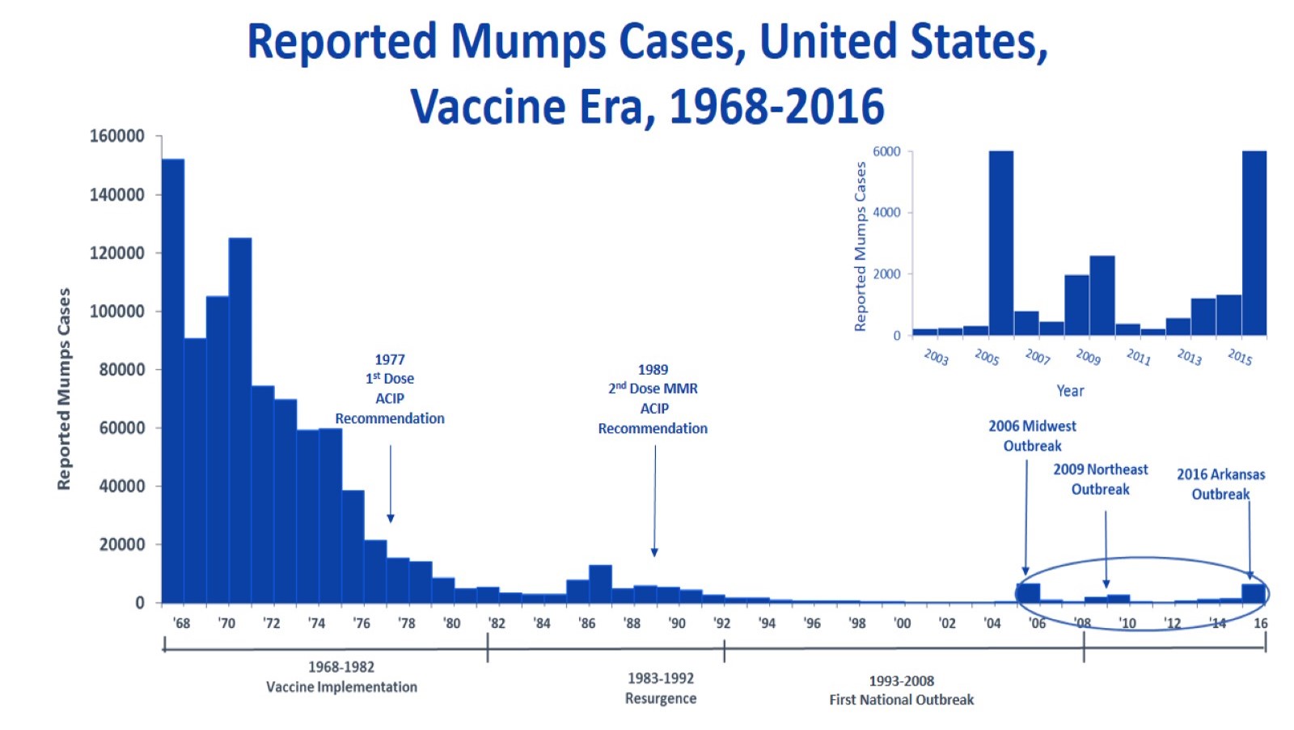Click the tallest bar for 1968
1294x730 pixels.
tap(172, 380)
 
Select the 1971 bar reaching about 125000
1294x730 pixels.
tap(240, 421)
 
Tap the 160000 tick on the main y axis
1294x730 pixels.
tap(116, 136)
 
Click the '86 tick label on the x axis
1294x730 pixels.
tap(586, 623)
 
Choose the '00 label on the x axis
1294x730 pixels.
tap(902, 623)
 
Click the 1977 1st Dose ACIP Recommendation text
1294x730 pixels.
tap(390, 388)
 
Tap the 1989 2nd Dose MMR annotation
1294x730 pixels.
tap(653, 399)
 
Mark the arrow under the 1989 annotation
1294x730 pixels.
tap(655, 502)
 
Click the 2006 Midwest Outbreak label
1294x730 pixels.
tap(1032, 435)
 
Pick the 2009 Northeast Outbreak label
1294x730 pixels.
tap(1100, 479)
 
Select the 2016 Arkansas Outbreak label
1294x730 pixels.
tap(1220, 484)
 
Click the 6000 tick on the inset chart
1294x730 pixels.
tap(886, 151)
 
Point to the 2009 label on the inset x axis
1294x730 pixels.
tap(1088, 356)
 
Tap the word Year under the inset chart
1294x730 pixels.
tap(1070, 391)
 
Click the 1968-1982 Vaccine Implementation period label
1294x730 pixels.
tap(341, 677)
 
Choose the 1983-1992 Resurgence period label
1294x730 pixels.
tap(661, 688)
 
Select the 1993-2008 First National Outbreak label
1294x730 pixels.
tap(901, 690)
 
